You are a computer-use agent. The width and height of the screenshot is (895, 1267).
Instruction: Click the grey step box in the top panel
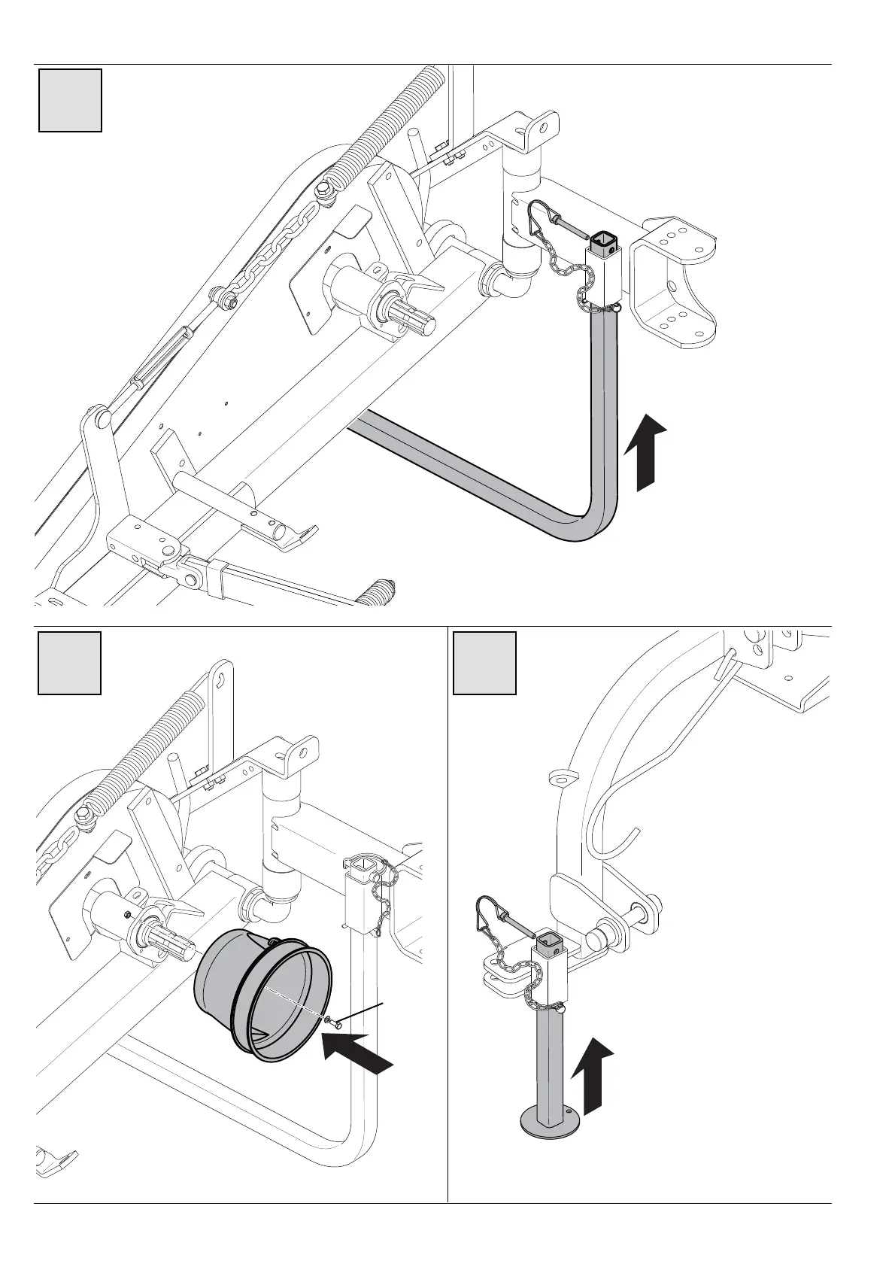pyautogui.click(x=71, y=100)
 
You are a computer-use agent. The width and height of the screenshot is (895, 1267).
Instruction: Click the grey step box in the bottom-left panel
pyautogui.click(x=70, y=663)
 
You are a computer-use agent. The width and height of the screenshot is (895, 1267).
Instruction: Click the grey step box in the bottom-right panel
pyautogui.click(x=485, y=663)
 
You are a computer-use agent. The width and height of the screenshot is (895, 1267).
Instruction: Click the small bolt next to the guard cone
pyautogui.click(x=335, y=1022)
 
